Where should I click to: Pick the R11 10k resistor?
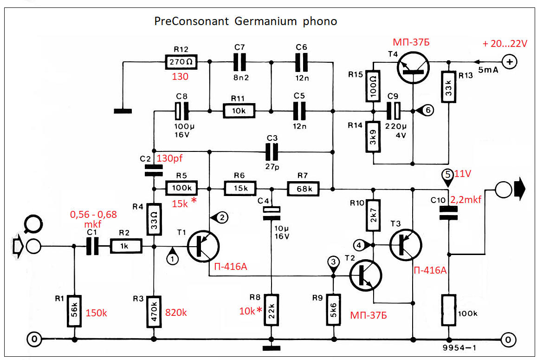pyautogui.click(x=239, y=111)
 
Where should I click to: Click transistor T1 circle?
pyautogui.click(x=203, y=246)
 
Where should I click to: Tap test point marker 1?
pyautogui.click(x=173, y=258)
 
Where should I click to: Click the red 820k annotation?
pyautogui.click(x=176, y=313)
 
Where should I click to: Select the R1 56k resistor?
pyautogui.click(x=74, y=310)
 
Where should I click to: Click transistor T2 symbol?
pyautogui.click(x=366, y=275)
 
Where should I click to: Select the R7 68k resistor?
pyautogui.click(x=304, y=189)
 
